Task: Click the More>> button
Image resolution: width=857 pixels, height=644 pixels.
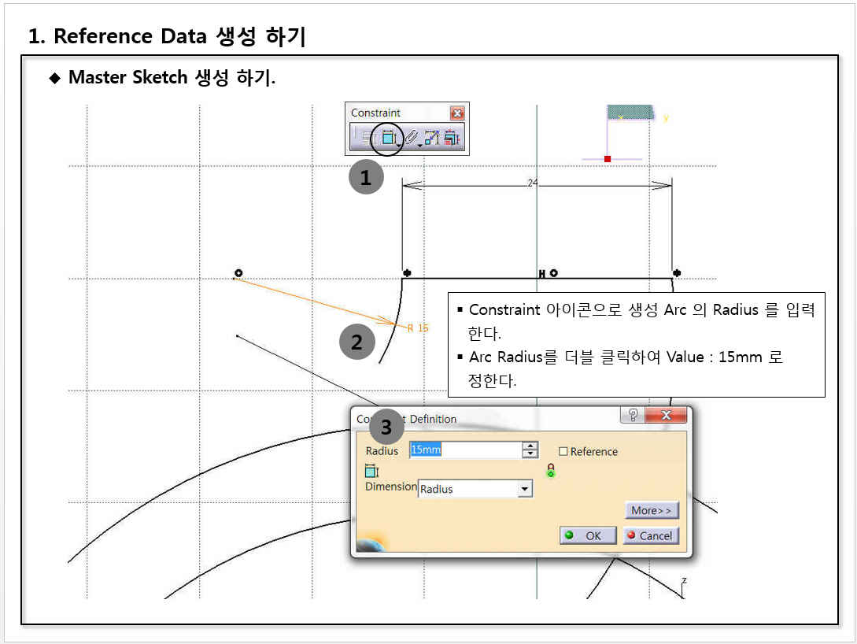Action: click(652, 510)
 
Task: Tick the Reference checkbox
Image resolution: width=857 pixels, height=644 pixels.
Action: click(563, 451)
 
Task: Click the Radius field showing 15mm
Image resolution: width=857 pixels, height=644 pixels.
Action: click(466, 450)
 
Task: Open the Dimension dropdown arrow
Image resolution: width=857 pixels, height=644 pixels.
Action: click(525, 488)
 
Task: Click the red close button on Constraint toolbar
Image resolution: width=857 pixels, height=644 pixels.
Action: click(457, 113)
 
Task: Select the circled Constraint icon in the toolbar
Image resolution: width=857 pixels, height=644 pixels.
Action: click(387, 138)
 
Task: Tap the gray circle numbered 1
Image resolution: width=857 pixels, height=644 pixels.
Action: click(366, 176)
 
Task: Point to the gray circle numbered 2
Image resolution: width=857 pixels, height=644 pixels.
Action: click(357, 342)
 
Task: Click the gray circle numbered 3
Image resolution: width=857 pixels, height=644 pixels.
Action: click(386, 427)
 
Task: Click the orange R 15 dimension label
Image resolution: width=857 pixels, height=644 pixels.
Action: click(418, 328)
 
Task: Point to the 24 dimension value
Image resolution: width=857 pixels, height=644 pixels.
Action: click(533, 183)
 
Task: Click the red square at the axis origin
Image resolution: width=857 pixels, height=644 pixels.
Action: click(608, 158)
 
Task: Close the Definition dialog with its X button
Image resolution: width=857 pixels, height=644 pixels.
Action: click(666, 415)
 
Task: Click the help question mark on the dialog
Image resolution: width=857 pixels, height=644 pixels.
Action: click(633, 415)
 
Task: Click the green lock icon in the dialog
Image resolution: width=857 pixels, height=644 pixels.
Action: click(551, 471)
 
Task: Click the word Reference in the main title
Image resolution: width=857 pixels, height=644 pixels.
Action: click(103, 36)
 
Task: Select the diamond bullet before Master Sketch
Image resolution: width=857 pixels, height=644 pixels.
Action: click(54, 78)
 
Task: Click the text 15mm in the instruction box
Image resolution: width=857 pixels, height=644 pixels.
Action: click(740, 357)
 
